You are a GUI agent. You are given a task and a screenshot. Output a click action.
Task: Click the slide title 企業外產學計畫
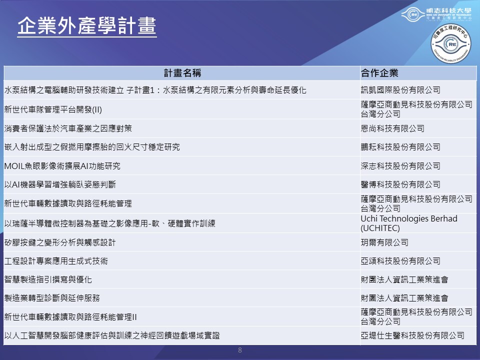click(x=87, y=25)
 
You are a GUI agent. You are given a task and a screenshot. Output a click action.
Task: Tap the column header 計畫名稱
click(x=182, y=73)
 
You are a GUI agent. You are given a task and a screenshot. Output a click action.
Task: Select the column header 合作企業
click(x=379, y=73)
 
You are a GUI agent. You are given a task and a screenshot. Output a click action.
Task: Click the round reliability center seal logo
click(x=450, y=44)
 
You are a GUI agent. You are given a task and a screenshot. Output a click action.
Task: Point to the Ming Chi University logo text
click(x=449, y=14)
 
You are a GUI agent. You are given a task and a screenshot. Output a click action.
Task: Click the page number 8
click(x=240, y=350)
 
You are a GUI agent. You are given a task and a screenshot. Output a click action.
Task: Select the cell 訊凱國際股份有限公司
click(x=400, y=90)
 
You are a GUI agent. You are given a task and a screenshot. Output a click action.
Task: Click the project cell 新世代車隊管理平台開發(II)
click(x=53, y=109)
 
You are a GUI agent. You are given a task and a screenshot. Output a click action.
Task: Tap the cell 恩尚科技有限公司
click(x=392, y=128)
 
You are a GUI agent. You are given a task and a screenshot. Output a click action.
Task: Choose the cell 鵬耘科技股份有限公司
click(x=400, y=147)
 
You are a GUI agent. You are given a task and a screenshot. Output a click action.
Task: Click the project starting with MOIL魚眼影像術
click(x=62, y=166)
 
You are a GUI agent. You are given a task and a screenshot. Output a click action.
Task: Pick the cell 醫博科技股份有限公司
click(x=400, y=184)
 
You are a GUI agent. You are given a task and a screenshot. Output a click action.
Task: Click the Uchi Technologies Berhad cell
click(x=409, y=223)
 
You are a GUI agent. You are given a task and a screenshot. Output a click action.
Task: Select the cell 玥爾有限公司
click(x=384, y=242)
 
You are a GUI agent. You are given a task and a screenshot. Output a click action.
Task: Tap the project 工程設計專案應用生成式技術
click(x=56, y=261)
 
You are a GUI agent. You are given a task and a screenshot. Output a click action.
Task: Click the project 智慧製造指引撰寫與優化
click(x=48, y=279)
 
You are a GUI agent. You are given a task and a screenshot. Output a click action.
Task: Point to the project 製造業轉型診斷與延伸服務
click(x=52, y=298)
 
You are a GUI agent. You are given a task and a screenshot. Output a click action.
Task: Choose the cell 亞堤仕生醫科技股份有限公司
click(x=412, y=335)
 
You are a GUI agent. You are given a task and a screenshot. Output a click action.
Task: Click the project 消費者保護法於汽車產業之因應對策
click(x=68, y=128)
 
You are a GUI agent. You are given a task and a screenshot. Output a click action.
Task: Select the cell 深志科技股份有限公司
click(x=400, y=166)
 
